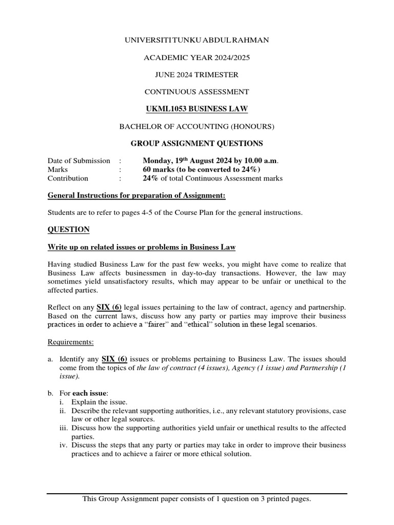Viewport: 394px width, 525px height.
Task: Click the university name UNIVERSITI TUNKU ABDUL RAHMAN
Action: [196, 40]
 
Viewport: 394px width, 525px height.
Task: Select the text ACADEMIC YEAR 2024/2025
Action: [196, 57]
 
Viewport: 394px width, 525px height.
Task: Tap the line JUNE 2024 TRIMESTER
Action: [196, 75]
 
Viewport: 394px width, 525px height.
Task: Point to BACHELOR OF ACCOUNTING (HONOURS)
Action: [196, 127]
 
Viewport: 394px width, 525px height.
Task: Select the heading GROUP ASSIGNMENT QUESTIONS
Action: [196, 144]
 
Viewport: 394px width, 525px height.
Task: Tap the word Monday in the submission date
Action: [157, 160]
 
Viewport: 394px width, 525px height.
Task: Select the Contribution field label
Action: [68, 178]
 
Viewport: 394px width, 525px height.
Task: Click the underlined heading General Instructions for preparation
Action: [136, 195]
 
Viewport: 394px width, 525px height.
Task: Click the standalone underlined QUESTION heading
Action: [69, 230]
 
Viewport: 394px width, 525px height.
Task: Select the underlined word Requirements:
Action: [71, 341]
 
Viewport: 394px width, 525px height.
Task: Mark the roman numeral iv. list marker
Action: [64, 445]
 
